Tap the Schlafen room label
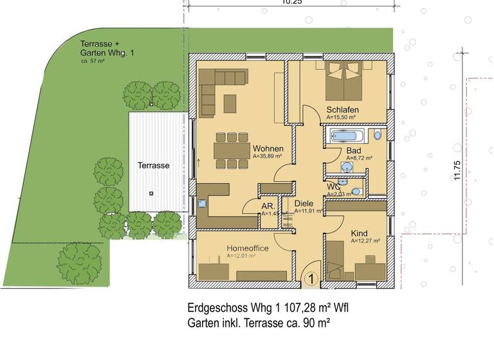coord(342,109)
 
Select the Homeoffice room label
coord(248,248)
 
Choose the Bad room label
coord(353,150)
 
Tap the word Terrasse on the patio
coord(153,165)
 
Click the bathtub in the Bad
coord(348,135)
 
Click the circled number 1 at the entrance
coord(311,278)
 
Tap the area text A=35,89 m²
coord(268,156)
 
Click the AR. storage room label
coord(268,206)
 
